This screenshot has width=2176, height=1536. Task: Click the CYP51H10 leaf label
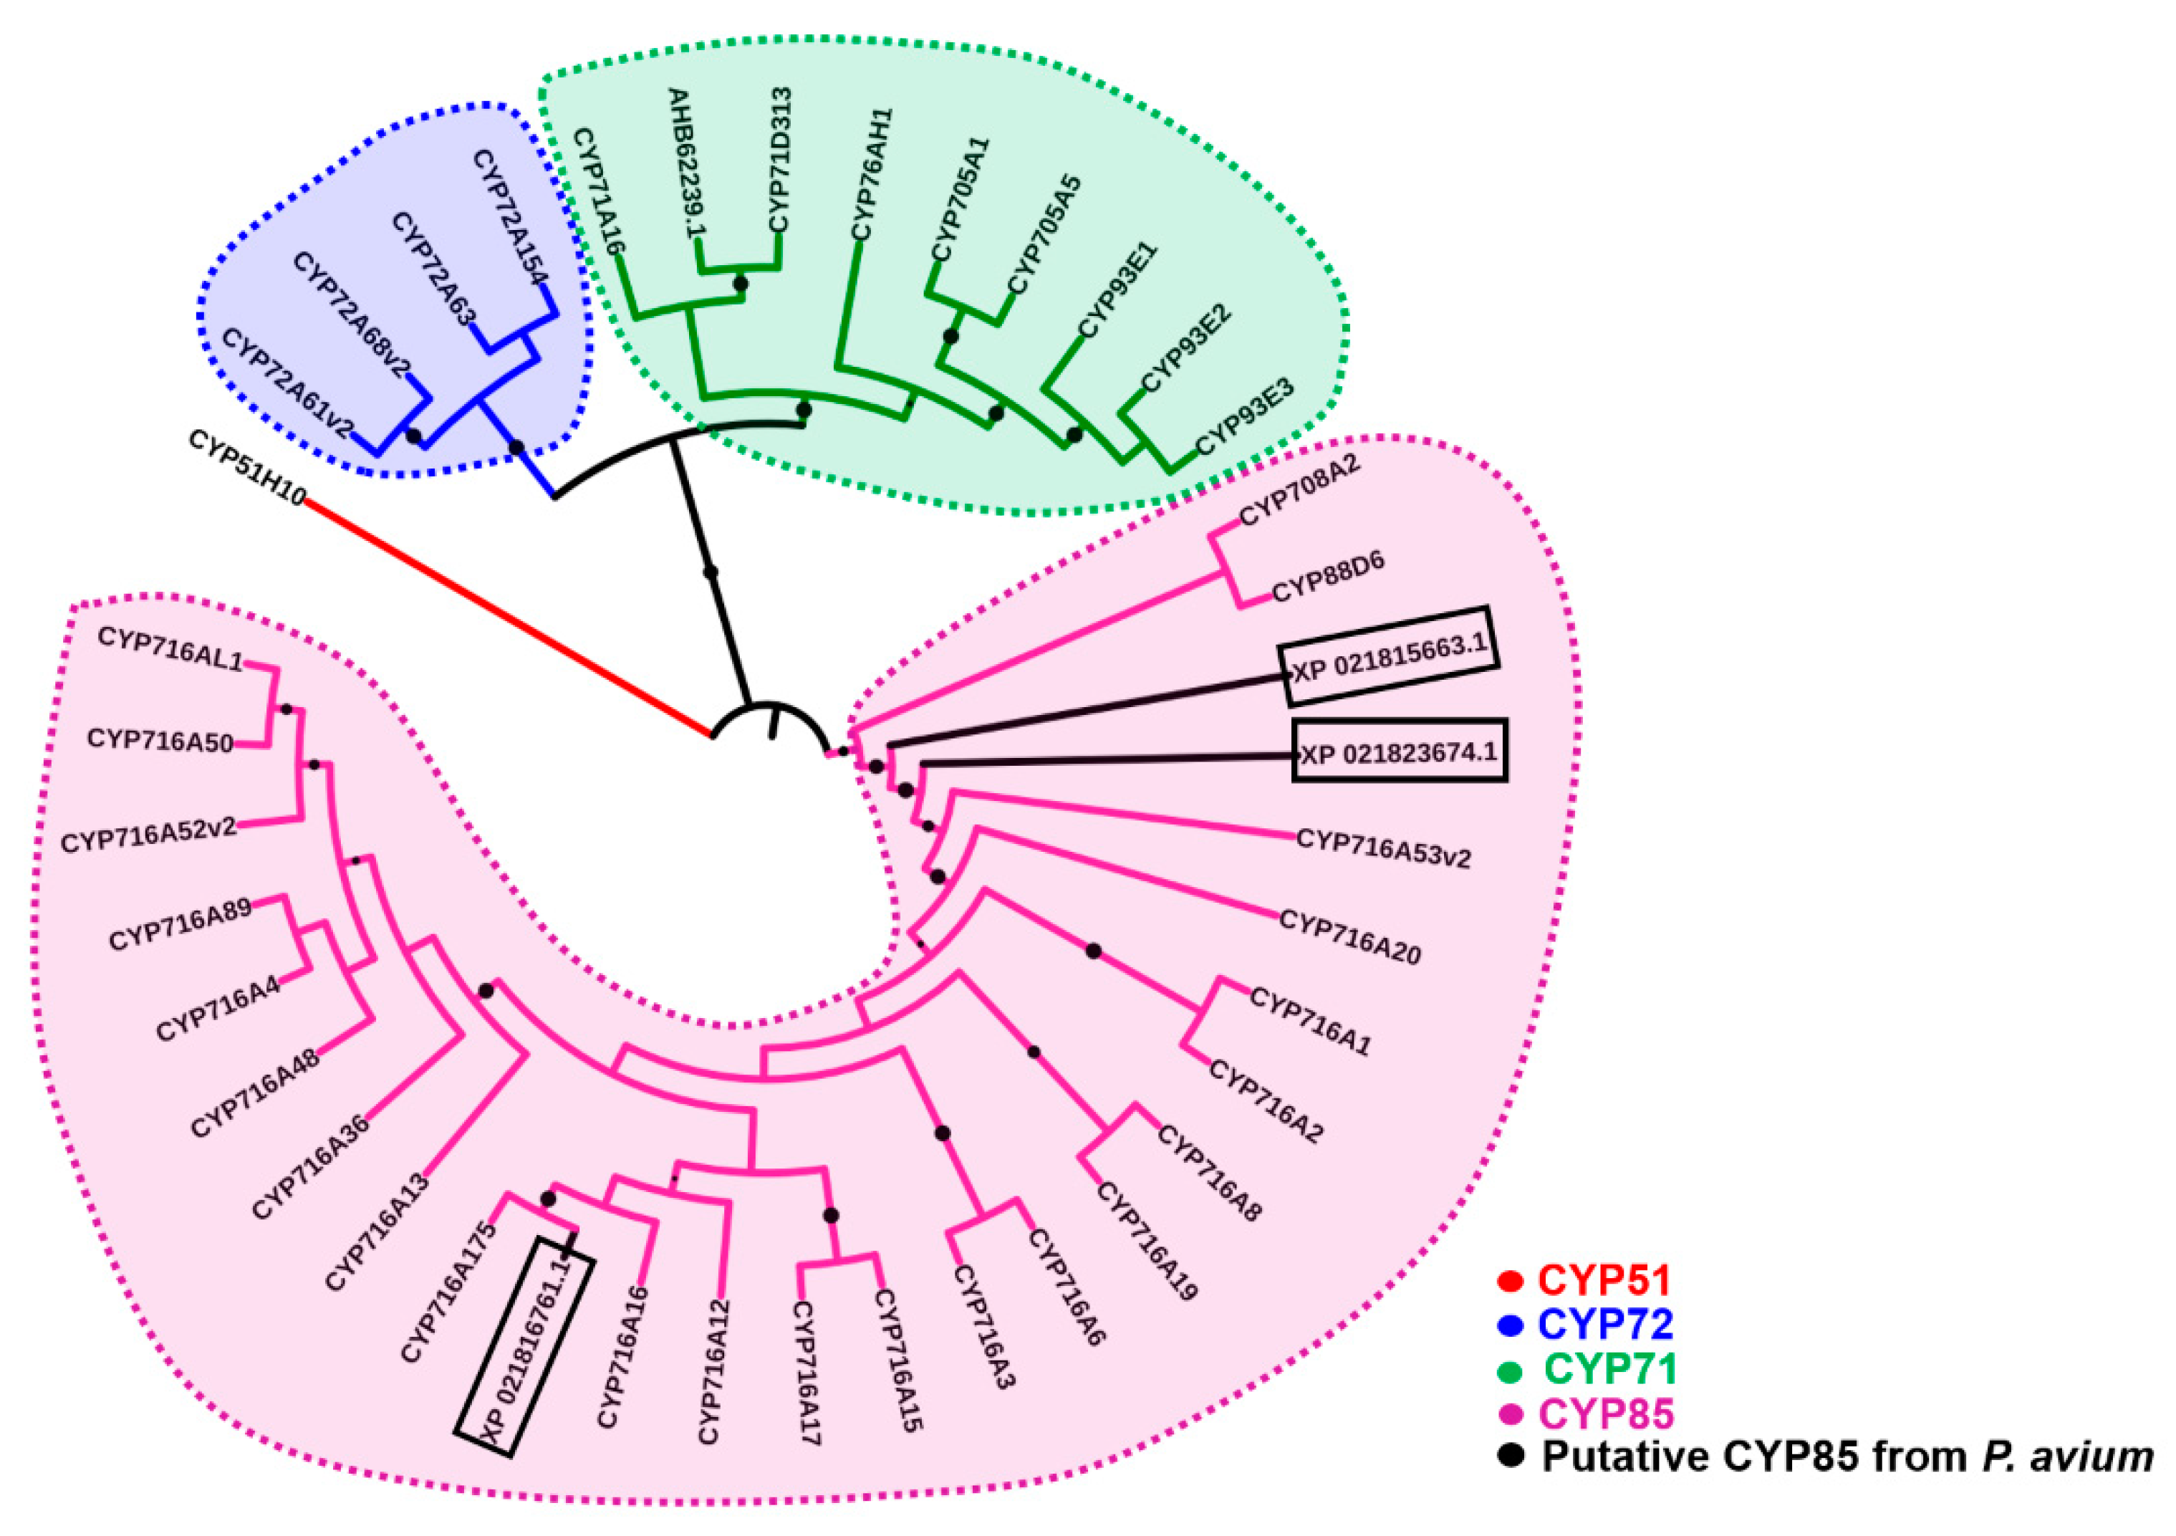pos(246,469)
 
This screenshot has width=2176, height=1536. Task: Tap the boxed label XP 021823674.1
pos(1399,752)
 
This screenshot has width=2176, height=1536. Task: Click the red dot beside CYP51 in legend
pos(1508,1282)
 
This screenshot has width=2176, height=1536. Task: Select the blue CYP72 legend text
pos(1605,1325)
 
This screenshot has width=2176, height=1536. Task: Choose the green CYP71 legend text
pos(1610,1369)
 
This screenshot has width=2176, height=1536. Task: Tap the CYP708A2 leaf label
pos(1299,490)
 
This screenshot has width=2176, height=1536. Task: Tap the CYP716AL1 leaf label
pos(170,648)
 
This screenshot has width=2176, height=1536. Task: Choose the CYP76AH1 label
pos(872,175)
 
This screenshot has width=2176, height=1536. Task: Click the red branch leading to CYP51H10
pos(507,615)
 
